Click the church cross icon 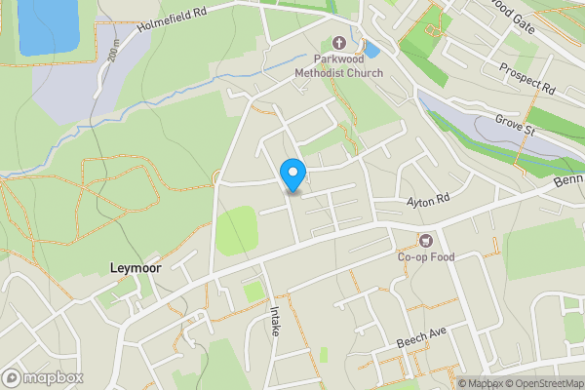[339, 44]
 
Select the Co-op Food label [426, 257]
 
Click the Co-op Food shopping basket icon [425, 240]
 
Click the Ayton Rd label [427, 200]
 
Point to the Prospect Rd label [526, 77]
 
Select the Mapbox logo [43, 377]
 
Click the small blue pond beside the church [370, 49]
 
